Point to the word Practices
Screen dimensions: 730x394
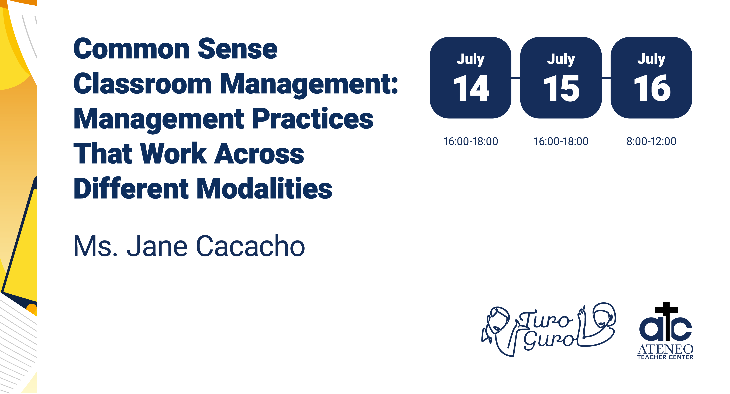click(x=313, y=119)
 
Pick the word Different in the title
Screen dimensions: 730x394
click(x=131, y=188)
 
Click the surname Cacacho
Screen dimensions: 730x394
click(x=250, y=246)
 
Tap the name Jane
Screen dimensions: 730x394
click(x=157, y=246)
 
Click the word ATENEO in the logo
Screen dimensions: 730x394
click(x=665, y=349)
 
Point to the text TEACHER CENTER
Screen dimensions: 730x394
click(x=665, y=357)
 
